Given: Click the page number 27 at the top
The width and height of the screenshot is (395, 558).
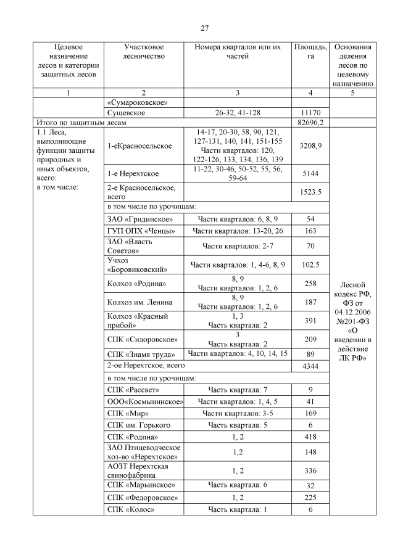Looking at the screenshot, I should tap(204, 28).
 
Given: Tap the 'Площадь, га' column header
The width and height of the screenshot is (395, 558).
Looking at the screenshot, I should tap(310, 52).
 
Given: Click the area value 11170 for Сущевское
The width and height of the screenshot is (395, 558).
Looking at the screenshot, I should tap(310, 113).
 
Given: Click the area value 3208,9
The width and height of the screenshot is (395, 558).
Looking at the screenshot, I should tap(310, 146).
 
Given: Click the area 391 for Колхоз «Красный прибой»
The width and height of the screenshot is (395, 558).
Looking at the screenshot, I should tap(310, 321).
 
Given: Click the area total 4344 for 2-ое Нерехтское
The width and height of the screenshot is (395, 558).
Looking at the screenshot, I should tap(310, 366).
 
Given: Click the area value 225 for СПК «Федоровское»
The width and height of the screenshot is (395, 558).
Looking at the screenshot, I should tap(310, 498).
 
